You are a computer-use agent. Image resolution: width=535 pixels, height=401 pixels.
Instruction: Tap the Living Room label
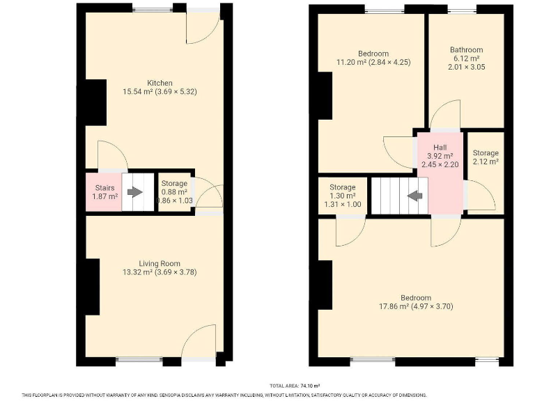click(160, 263)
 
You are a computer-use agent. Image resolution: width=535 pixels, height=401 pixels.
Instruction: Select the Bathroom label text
click(466, 50)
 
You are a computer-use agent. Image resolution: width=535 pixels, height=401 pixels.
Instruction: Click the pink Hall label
click(440, 148)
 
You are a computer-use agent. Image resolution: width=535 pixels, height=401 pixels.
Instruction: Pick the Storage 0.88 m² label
click(173, 192)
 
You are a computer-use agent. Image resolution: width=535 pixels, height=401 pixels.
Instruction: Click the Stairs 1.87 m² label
click(105, 192)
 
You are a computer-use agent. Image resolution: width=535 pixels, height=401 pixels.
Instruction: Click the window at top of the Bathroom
click(464, 9)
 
